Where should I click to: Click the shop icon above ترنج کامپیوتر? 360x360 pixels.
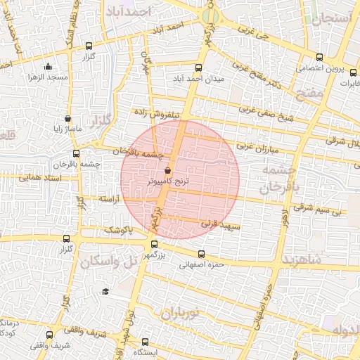pos(167,171)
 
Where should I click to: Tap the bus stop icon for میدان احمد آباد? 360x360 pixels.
pos(198,69)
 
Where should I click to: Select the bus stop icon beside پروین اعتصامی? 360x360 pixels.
pos(320,57)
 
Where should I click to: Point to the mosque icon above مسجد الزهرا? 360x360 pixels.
pos(48,67)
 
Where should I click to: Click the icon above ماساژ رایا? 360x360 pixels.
pos(67,120)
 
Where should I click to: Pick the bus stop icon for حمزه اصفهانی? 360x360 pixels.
pos(201,255)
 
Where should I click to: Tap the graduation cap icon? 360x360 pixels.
pos(105,291)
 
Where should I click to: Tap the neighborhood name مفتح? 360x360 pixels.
pos(309,94)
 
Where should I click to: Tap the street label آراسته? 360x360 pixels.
pos(109,200)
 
